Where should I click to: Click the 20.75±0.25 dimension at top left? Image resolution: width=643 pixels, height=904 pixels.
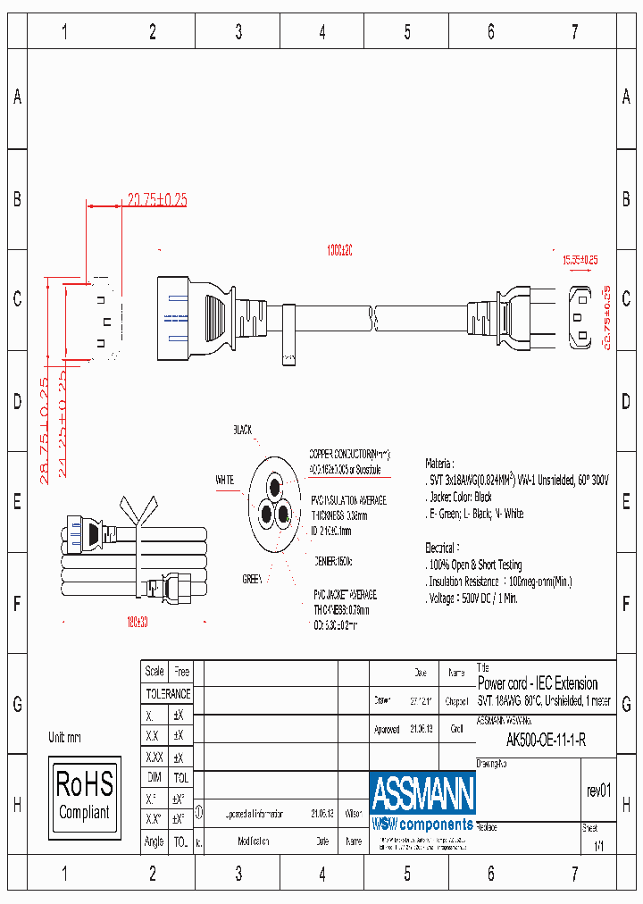pos(156,200)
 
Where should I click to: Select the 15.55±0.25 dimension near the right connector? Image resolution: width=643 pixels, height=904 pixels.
pos(580,260)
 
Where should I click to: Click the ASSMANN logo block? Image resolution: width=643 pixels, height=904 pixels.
pos(422,801)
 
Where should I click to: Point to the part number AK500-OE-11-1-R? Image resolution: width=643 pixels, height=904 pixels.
pos(546,740)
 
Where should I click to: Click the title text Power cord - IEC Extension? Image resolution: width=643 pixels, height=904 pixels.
pos(538,683)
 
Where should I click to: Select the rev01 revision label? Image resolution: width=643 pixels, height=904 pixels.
pos(597,791)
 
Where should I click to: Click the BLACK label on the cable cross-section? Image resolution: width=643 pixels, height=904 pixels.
pos(243,430)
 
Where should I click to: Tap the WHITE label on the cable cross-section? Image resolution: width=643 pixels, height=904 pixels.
pos(224,480)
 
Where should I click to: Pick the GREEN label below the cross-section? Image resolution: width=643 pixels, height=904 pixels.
pos(253,579)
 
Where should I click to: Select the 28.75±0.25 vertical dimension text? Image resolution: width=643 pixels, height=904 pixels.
pos(45,431)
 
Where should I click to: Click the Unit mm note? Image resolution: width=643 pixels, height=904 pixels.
pos(64,738)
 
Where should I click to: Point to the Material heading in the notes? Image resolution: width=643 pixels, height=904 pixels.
pos(439,464)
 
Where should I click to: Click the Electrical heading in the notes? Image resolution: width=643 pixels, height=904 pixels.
pos(442,547)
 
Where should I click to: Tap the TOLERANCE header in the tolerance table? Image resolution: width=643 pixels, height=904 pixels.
pos(168,693)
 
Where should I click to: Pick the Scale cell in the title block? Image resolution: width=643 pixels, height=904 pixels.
pos(154,671)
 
